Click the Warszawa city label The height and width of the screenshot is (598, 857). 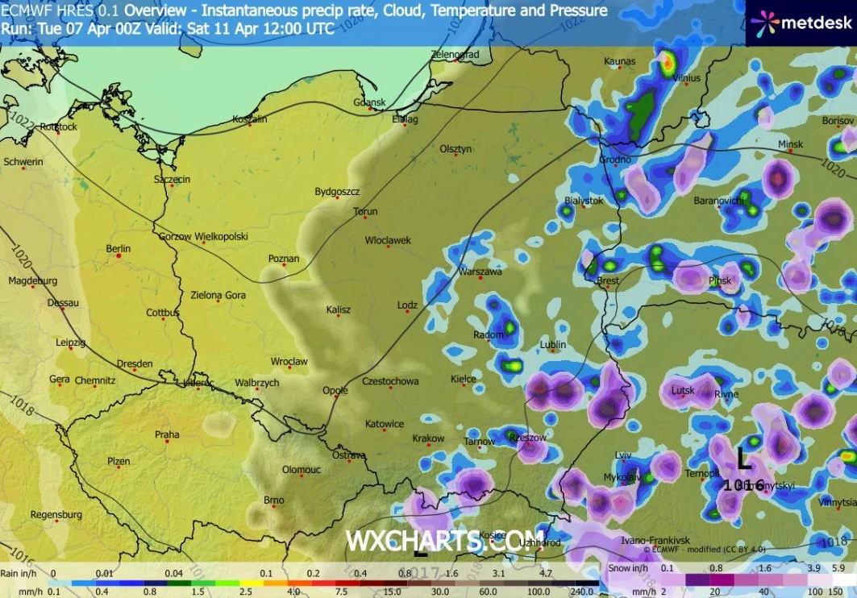481,272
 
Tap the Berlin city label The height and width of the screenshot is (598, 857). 118,249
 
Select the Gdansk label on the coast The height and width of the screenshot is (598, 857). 370,102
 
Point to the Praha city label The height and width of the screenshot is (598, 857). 167,434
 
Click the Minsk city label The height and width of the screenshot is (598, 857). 791,144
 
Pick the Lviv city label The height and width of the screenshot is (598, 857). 623,455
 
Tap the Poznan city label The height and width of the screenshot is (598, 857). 284,259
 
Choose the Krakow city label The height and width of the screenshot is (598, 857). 428,438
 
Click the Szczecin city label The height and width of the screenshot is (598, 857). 173,179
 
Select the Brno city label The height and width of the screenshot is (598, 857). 274,500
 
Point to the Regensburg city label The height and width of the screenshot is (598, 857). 56,514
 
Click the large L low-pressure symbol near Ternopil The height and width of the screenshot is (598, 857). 743,459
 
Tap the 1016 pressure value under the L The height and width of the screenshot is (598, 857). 743,484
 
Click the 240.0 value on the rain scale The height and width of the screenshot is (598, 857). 584,591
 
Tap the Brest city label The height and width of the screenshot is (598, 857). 608,281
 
